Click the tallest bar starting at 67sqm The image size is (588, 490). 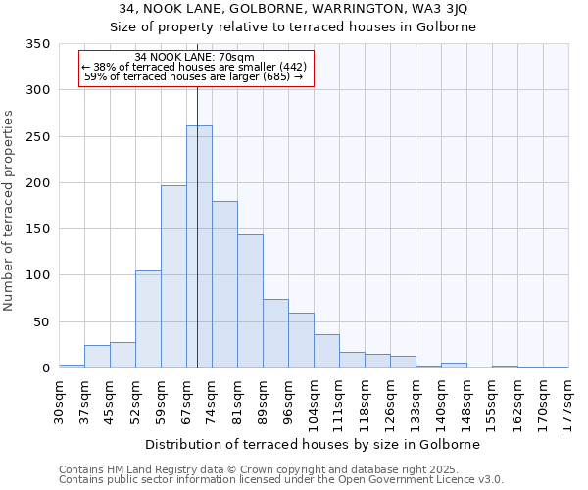click(199, 247)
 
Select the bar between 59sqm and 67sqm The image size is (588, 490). click(173, 276)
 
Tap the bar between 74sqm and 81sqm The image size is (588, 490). click(224, 284)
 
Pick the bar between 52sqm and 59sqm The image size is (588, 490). click(148, 319)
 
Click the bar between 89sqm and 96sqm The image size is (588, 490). click(275, 333)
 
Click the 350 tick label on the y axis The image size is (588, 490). click(38, 44)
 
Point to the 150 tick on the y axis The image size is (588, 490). click(38, 229)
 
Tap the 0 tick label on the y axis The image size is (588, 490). click(45, 368)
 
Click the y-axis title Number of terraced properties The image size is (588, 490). click(10, 211)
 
